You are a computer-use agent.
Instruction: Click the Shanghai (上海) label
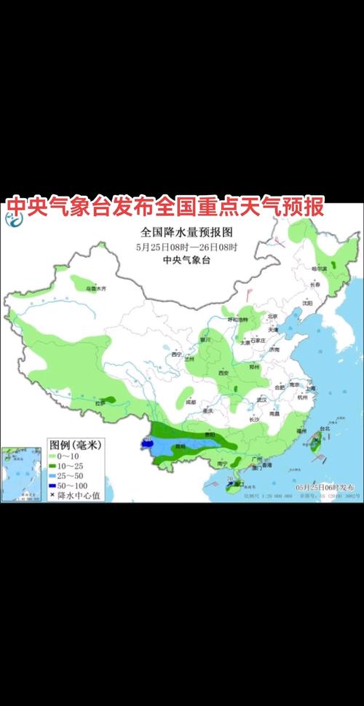pos(311,389)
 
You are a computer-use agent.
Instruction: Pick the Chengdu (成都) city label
pos(191,401)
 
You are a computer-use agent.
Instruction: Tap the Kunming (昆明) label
pos(178,445)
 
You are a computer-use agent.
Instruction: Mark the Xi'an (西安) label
pos(224,373)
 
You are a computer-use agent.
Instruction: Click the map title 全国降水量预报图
pos(187,232)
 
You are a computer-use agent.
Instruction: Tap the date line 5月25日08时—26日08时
pos(187,246)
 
